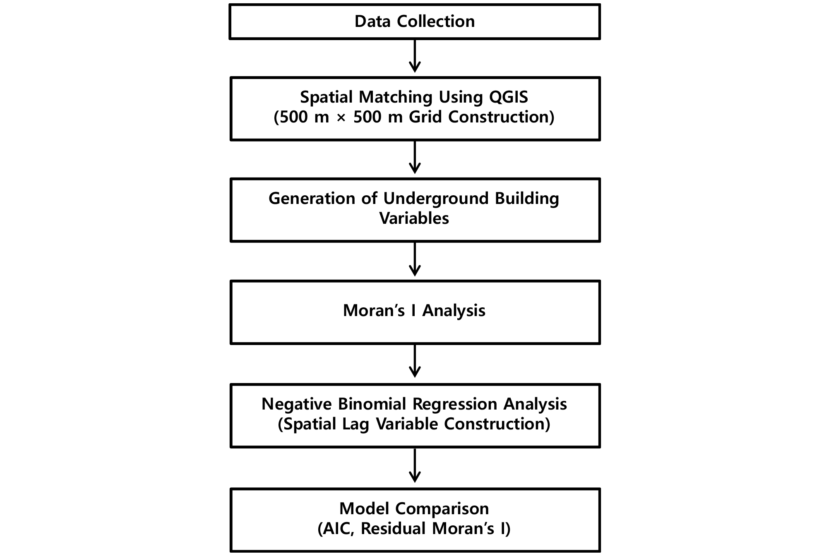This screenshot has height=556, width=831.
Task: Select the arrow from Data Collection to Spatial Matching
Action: coord(415,56)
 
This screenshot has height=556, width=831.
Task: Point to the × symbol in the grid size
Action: coord(341,117)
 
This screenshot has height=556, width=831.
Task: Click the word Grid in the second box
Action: coord(425,117)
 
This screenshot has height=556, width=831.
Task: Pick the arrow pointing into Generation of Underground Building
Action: coord(415,157)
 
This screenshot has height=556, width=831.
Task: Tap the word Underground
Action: coord(436,199)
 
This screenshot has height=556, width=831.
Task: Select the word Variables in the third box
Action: coord(414,218)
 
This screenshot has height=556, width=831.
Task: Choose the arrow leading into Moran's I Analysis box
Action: coord(415,259)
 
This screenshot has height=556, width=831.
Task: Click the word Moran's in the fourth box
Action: coord(374,311)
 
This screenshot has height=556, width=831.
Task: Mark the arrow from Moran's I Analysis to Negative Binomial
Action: coord(415,361)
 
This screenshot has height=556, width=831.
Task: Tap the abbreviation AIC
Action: coord(338,529)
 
